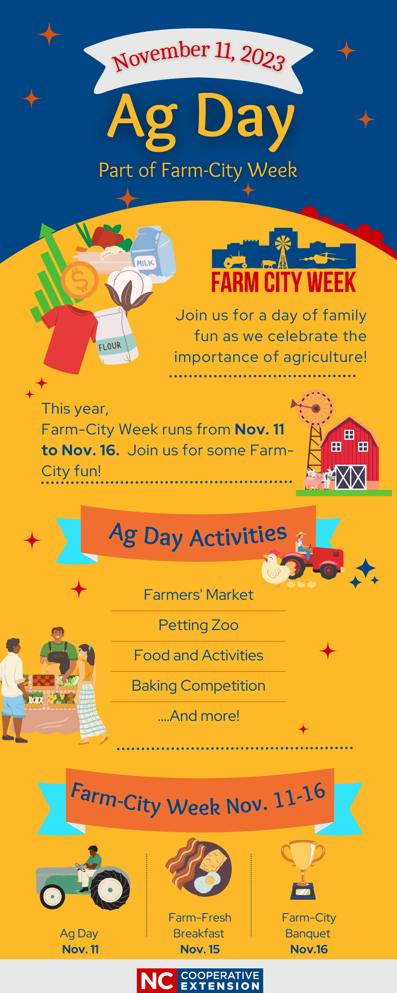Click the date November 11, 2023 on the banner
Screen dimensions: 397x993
pyautogui.click(x=198, y=56)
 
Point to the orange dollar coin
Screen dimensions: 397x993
pyautogui.click(x=80, y=281)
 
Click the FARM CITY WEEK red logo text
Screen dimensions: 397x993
pyautogui.click(x=283, y=282)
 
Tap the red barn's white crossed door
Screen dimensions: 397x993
pyautogui.click(x=351, y=477)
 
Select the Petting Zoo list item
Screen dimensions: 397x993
pyautogui.click(x=198, y=625)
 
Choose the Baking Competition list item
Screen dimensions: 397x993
pyautogui.click(x=198, y=686)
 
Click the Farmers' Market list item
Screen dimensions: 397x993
pyautogui.click(x=198, y=594)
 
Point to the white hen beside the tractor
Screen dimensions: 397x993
pyautogui.click(x=276, y=568)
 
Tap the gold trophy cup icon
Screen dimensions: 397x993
pyautogui.click(x=303, y=869)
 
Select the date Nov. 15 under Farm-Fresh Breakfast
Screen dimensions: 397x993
pyautogui.click(x=200, y=949)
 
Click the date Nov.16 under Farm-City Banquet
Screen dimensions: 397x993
pyautogui.click(x=309, y=949)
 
